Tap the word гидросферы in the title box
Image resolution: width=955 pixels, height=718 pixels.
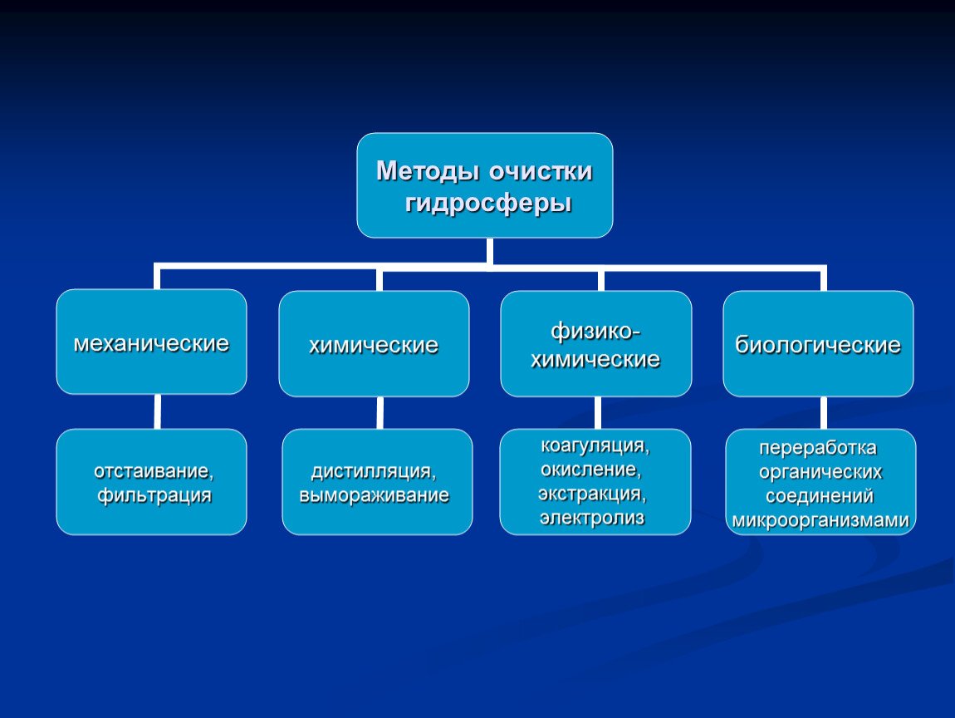coord(488,203)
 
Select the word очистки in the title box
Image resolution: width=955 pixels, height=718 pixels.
coord(541,171)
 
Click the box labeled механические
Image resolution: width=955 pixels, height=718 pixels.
coord(152,342)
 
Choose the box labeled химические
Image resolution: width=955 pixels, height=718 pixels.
coord(374,344)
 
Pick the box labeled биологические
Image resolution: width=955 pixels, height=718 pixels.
coord(818,344)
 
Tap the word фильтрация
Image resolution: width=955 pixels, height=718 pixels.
coord(154,495)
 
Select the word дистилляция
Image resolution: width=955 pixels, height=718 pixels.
coord(374,471)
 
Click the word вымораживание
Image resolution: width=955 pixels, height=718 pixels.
coord(374,495)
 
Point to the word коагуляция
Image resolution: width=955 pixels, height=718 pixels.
coord(595,445)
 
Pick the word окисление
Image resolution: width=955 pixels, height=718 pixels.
coord(590,470)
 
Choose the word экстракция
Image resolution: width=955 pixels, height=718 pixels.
coord(592,493)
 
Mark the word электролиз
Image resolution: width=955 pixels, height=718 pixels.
coord(592,518)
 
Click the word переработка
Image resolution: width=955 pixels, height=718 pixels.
coord(818,448)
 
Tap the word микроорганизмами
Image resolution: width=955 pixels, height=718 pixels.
coord(820,520)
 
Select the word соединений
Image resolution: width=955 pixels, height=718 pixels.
coord(820,496)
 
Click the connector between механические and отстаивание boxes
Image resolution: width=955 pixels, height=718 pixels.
coord(157,411)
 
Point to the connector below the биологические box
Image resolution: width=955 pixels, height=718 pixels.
coord(824,413)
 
